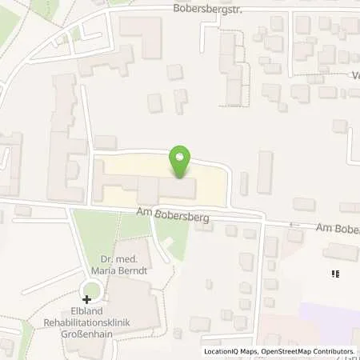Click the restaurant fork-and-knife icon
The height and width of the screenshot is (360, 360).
click(x=335, y=274)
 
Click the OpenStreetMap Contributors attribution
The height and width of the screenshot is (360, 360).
click(x=308, y=351)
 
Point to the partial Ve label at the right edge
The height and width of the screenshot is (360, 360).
click(x=354, y=78)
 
